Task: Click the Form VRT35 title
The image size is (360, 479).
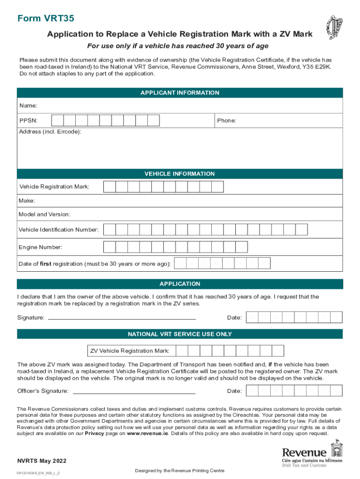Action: pyautogui.click(x=46, y=19)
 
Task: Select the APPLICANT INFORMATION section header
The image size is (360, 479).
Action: pyautogui.click(x=180, y=93)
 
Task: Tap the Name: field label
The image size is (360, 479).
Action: pyautogui.click(x=28, y=106)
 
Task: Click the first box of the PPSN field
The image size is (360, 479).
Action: pyautogui.click(x=57, y=121)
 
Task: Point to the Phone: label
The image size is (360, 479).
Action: pyautogui.click(x=226, y=121)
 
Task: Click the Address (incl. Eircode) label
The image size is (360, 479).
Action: pyautogui.click(x=50, y=132)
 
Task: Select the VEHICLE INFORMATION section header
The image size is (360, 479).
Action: pyautogui.click(x=180, y=174)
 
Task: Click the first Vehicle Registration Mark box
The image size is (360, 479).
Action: pyautogui.click(x=109, y=187)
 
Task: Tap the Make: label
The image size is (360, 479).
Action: pyautogui.click(x=27, y=201)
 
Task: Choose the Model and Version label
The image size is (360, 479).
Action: pyautogui.click(x=44, y=215)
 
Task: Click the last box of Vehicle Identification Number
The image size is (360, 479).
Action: pyautogui.click(x=302, y=230)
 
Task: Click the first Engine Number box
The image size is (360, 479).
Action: pyautogui.click(x=109, y=247)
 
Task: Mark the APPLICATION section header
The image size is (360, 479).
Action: pyautogui.click(x=180, y=284)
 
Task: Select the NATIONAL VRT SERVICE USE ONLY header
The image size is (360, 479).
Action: pyautogui.click(x=180, y=334)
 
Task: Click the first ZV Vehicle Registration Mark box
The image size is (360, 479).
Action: pyautogui.click(x=181, y=351)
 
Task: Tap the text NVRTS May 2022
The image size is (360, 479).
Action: pyautogui.click(x=38, y=461)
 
